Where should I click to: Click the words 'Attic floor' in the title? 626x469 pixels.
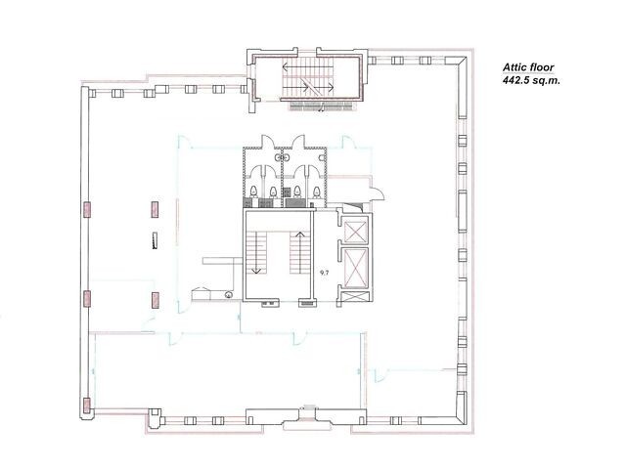[528, 67]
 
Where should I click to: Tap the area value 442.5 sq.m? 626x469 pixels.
[531, 80]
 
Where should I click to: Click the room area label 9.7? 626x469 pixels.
[324, 274]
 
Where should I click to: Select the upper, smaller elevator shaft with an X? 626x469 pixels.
[355, 231]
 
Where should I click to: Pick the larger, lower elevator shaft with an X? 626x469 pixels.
[355, 267]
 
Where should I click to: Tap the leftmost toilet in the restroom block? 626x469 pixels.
[254, 192]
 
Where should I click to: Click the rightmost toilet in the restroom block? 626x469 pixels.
[317, 192]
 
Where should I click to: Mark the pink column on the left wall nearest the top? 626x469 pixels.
[87, 209]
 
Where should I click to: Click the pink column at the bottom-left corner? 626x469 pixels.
[87, 406]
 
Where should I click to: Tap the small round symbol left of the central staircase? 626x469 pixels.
[228, 295]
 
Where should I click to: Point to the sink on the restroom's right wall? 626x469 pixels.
[322, 158]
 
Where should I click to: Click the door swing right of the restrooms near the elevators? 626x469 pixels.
[378, 192]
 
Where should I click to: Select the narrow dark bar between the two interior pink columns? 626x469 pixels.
[155, 240]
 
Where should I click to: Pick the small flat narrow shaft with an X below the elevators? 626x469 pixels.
[355, 297]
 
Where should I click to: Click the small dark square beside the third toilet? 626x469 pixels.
[286, 192]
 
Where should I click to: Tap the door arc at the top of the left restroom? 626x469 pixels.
[267, 142]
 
